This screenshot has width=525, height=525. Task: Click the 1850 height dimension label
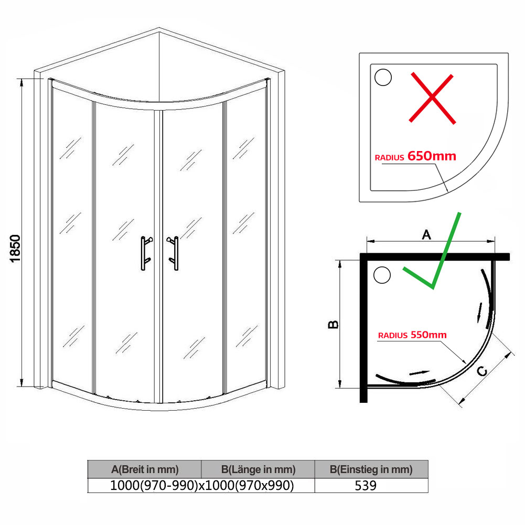15,249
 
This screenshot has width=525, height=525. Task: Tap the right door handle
174,253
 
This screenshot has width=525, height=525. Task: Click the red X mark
432,98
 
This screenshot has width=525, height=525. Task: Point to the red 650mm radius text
432,156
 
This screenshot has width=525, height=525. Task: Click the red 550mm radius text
428,335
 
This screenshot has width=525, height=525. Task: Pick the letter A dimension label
426,235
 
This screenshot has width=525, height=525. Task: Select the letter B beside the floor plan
334,325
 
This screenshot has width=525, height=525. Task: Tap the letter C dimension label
482,371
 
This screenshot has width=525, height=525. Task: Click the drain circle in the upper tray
383,77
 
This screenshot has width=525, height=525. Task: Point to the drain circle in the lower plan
382,275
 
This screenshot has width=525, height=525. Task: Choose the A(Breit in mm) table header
145,469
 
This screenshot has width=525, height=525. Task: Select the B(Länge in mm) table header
258,469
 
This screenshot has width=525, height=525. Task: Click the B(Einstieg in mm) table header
371,469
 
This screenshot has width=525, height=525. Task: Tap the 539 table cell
366,486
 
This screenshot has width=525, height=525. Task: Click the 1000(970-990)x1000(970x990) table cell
202,486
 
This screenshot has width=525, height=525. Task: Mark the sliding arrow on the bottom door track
419,373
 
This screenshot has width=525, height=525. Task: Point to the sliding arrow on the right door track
480,313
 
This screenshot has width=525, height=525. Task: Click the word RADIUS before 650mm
389,158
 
